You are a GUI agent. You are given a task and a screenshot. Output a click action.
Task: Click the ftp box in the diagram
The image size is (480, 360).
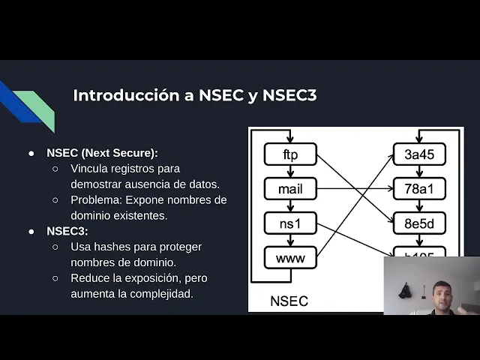tap(290, 154)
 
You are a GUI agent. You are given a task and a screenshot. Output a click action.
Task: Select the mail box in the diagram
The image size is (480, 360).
tap(290, 189)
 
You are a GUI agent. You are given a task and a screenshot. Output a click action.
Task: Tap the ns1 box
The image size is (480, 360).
tap(290, 223)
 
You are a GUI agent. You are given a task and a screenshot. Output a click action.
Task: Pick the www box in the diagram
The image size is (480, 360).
tap(290, 258)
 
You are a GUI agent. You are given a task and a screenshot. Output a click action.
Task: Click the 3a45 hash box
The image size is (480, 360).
tap(419, 154)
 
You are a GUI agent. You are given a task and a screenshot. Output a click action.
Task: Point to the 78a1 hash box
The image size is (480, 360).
tap(419, 189)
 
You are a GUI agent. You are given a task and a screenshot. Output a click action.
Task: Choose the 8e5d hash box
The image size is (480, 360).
tap(419, 223)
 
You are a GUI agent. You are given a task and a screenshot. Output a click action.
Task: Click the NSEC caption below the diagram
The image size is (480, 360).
tap(289, 301)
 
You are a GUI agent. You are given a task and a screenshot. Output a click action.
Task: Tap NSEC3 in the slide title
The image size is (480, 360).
tap(289, 96)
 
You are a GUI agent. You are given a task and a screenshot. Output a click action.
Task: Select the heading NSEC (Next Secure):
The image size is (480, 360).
tap(103, 152)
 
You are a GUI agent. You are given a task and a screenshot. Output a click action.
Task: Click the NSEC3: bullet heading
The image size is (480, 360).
tap(67, 231)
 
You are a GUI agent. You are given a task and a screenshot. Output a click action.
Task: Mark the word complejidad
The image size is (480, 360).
tap(161, 294)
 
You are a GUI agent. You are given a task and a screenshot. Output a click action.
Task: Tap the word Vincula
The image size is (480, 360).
tap(90, 168)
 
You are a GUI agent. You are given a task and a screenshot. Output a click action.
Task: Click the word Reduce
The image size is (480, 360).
tap(91, 278)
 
